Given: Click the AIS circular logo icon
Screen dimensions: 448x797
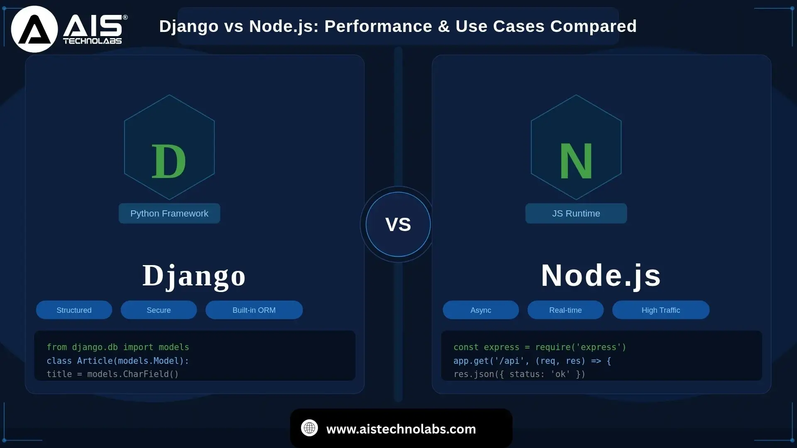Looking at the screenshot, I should tap(34, 29).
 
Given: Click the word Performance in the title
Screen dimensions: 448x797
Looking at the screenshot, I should tap(378, 26).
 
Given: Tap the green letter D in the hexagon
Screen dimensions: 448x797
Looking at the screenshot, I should tap(169, 161).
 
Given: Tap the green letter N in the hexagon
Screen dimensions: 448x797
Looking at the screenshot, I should tap(576, 161).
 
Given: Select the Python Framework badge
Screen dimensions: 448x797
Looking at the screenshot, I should tap(169, 214).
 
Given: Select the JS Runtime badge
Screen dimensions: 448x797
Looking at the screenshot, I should tap(576, 214).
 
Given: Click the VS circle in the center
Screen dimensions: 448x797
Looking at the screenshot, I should tap(398, 224).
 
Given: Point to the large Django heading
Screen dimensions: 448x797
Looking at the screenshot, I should tap(194, 275).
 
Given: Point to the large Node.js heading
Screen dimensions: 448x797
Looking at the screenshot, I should tap(601, 275).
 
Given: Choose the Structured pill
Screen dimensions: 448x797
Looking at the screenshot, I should tap(74, 310).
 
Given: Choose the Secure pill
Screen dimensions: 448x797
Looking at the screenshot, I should tap(159, 310).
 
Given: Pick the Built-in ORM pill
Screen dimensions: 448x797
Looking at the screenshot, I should tap(254, 310).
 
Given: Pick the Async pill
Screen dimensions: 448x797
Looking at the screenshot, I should tap(481, 310).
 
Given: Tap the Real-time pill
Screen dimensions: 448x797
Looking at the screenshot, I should tap(565, 310).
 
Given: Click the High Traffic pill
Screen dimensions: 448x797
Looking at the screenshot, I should tap(661, 310).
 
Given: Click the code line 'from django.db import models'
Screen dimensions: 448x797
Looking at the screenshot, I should tap(118, 347).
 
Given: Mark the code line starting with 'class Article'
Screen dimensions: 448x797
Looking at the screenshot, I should tap(118, 361).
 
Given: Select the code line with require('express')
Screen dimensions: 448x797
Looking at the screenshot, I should tap(540, 347).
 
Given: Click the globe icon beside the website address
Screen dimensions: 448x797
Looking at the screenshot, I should tap(309, 428).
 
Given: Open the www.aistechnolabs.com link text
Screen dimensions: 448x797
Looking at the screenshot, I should tap(401, 429).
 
